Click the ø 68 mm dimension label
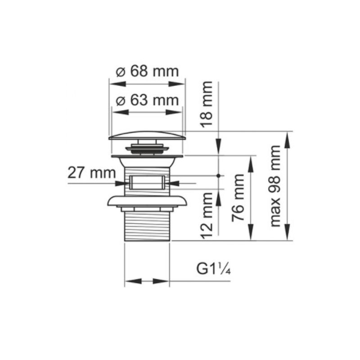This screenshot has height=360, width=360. pos(147,72)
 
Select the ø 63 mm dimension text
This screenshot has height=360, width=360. pos(147,100)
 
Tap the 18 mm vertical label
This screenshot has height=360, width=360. pos(207,104)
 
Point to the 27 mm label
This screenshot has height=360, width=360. pos(91,173)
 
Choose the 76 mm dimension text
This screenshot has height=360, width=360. pos(238,198)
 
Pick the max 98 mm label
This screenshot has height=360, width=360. pos(275,186)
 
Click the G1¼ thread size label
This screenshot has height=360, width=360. pos(213,269)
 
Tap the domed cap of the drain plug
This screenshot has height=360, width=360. pos(147,135)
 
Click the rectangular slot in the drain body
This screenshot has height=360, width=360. pos(147,182)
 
